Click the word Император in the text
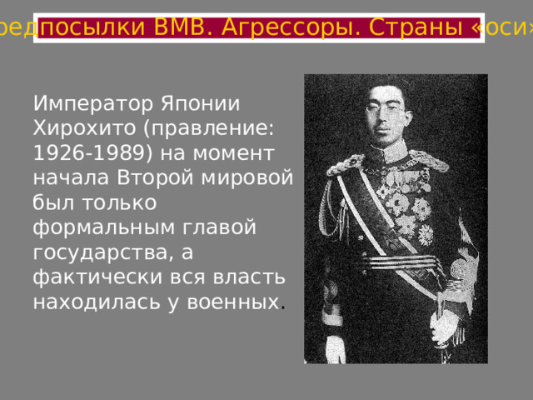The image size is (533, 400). pos(90,106)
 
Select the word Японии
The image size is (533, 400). pos(199,106)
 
